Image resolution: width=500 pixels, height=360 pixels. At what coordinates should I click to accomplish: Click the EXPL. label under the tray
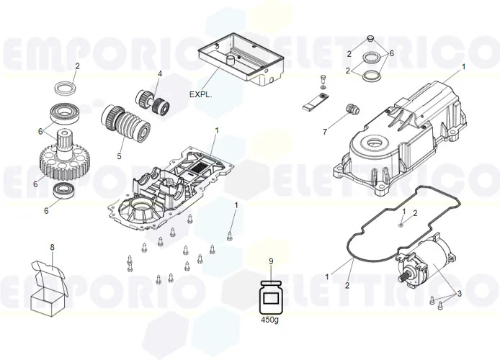coord(201,94)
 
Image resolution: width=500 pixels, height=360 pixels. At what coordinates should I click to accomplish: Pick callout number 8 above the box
coord(52,248)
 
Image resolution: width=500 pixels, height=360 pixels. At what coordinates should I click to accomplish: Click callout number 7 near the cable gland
coord(325,132)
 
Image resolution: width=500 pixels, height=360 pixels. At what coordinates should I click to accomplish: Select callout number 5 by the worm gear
coord(120,153)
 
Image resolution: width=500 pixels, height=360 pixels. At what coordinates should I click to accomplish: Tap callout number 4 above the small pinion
coord(160,73)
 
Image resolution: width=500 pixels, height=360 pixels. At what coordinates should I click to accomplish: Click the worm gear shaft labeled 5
coord(127,124)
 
